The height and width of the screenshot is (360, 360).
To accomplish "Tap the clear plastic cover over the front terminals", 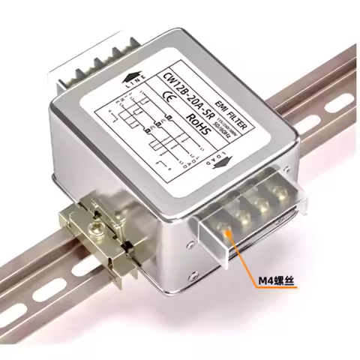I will [255, 225].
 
